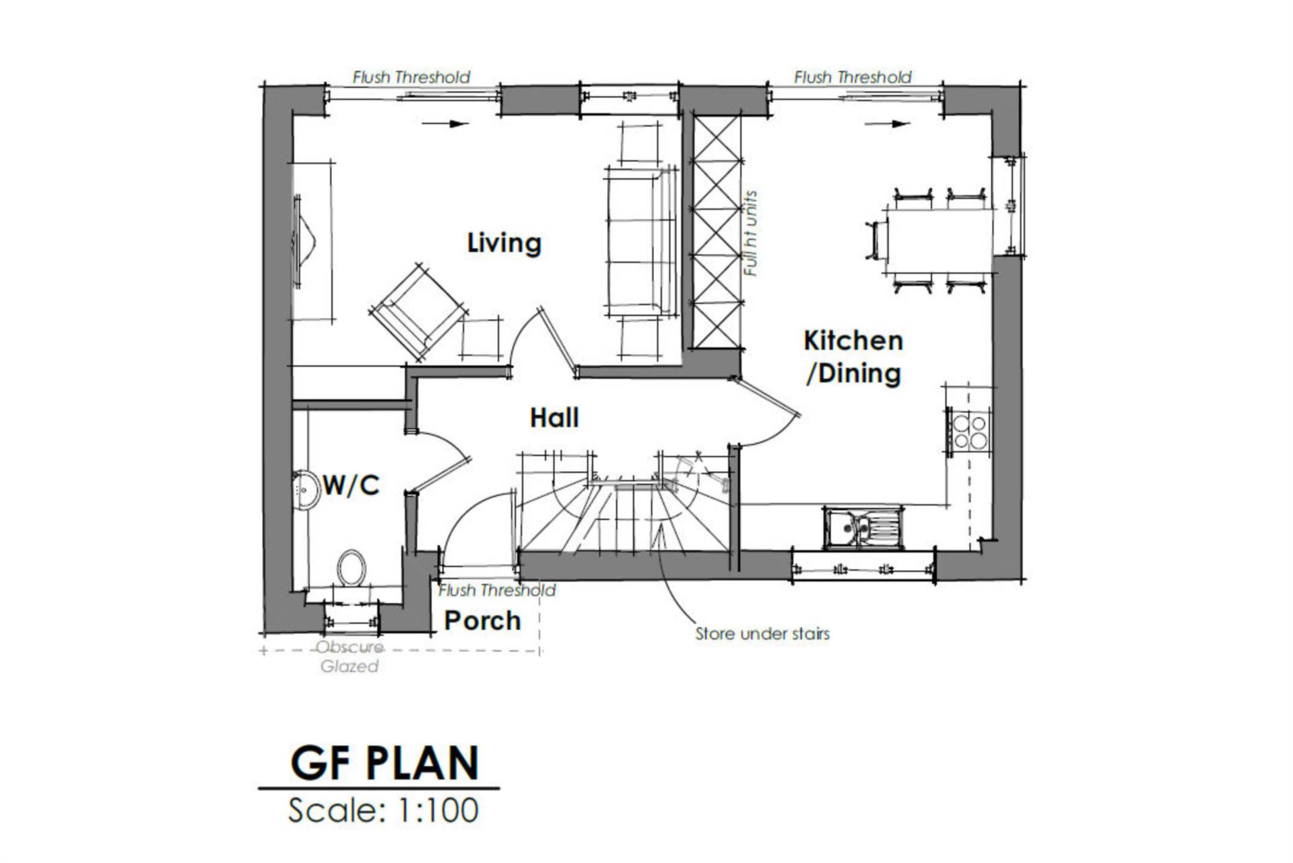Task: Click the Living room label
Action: point(504,243)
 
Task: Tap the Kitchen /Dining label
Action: point(853,357)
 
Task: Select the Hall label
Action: point(554,418)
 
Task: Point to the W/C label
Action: point(351,485)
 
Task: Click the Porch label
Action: point(483,620)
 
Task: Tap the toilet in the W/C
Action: point(351,567)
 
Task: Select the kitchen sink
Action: point(862,528)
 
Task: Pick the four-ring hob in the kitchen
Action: point(970,432)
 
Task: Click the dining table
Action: point(940,240)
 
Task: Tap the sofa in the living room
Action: point(640,243)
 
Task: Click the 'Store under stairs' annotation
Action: point(762,634)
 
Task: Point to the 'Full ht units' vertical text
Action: point(751,234)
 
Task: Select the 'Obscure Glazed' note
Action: point(350,657)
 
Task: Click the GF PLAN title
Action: point(385,763)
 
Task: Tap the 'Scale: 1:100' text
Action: point(383,810)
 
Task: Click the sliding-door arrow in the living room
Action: point(445,124)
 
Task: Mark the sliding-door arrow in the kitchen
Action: point(888,124)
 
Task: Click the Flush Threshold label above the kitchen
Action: point(853,77)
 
